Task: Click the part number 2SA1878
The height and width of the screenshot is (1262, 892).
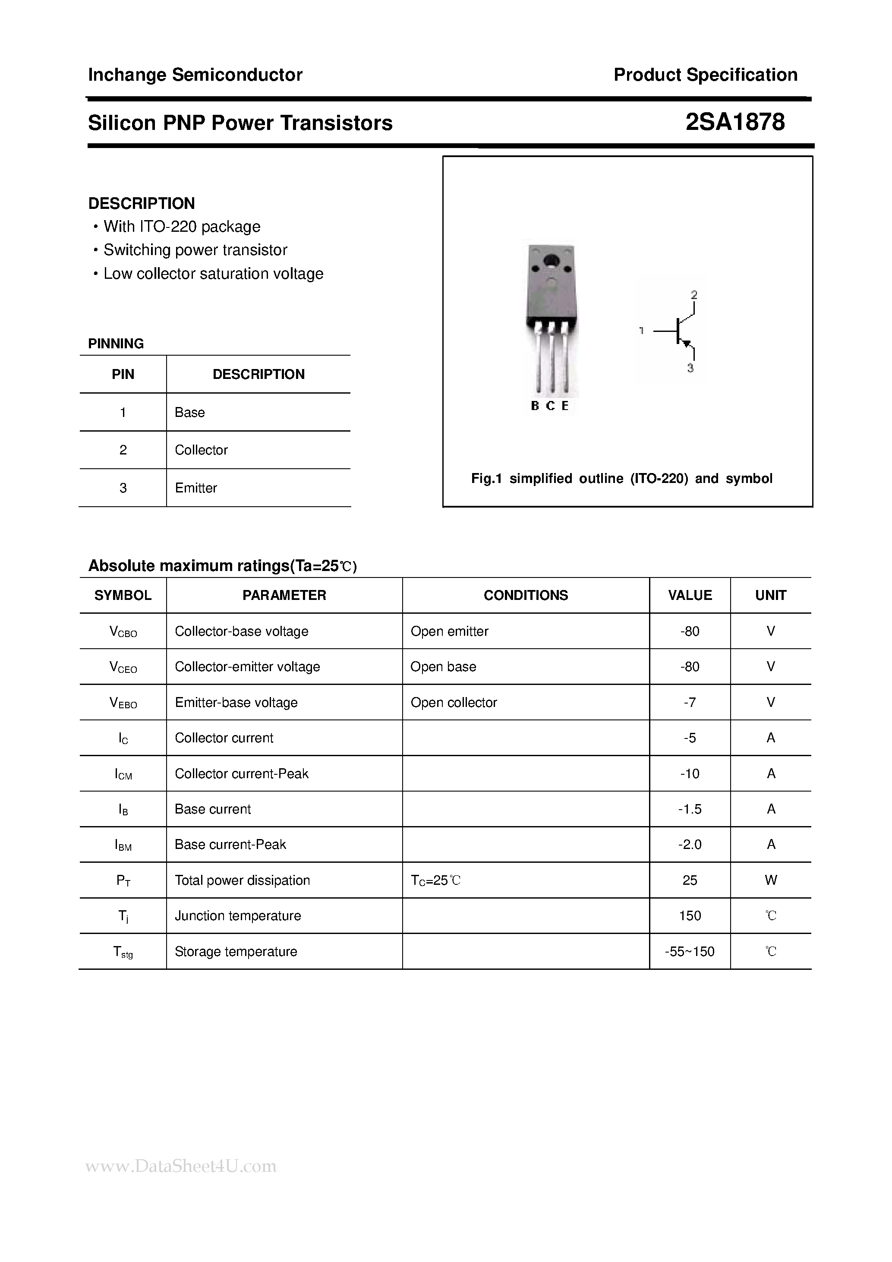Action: [735, 122]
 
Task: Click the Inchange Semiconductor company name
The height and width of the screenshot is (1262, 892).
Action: [195, 75]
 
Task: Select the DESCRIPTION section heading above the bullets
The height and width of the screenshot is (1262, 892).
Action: [141, 203]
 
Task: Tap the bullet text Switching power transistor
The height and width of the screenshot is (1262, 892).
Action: [195, 250]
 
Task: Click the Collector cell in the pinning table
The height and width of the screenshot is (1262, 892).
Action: [201, 450]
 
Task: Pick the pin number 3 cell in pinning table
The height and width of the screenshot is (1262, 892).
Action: [123, 488]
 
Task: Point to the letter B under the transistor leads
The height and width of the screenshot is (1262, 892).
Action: [535, 406]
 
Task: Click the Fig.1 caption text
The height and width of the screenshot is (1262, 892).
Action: [621, 479]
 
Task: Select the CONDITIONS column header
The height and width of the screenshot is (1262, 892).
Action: [526, 595]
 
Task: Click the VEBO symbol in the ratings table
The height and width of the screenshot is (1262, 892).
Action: [123, 703]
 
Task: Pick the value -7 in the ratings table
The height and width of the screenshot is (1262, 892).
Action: [689, 703]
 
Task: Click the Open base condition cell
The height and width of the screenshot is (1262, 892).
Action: [443, 667]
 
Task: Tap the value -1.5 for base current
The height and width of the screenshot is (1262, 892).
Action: [689, 809]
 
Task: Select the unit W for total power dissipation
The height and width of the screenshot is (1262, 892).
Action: [771, 880]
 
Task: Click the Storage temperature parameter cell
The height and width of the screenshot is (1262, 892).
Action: [236, 951]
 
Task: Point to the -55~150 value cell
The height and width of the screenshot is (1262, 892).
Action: [689, 951]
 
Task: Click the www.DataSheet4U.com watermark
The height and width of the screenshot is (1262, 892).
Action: [181, 1166]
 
